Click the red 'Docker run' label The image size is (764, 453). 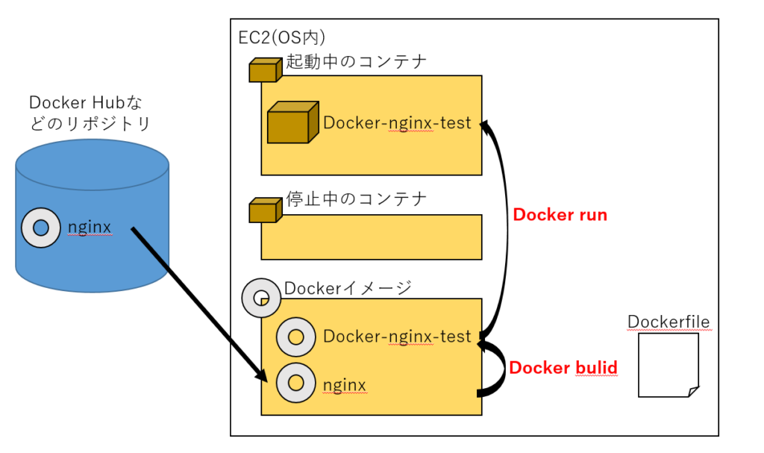pyautogui.click(x=560, y=215)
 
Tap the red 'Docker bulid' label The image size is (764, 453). pyautogui.click(x=563, y=368)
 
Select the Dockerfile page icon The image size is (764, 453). pyautogui.click(x=668, y=365)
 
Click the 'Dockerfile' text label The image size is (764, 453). pyautogui.click(x=668, y=322)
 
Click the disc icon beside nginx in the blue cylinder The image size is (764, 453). pyautogui.click(x=41, y=227)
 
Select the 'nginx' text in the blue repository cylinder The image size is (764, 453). pyautogui.click(x=90, y=227)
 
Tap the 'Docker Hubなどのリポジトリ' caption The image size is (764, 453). pyautogui.click(x=92, y=114)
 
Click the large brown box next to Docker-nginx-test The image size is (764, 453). pyautogui.click(x=289, y=122)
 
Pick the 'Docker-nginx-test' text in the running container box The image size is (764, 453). pyautogui.click(x=397, y=122)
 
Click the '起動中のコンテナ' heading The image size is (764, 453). pyautogui.click(x=357, y=61)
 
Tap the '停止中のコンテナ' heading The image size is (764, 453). pyautogui.click(x=357, y=199)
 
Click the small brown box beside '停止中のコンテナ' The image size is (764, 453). pyautogui.click(x=264, y=210)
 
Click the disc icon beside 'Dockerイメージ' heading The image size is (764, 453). pyautogui.click(x=260, y=298)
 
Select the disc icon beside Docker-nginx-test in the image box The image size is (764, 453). pyautogui.click(x=295, y=337)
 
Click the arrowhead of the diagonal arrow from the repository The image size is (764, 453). pyautogui.click(x=263, y=377)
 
